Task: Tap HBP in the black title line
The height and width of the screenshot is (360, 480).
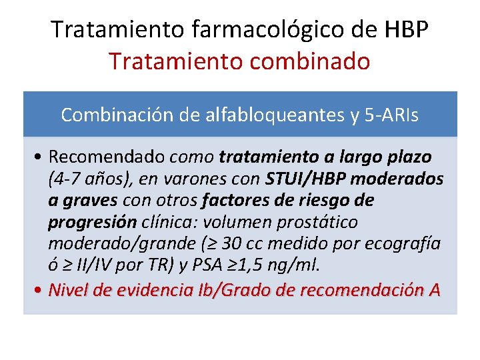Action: (x=407, y=29)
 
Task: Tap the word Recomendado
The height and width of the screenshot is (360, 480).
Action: (x=108, y=157)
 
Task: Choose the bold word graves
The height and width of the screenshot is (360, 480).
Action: (x=92, y=201)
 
